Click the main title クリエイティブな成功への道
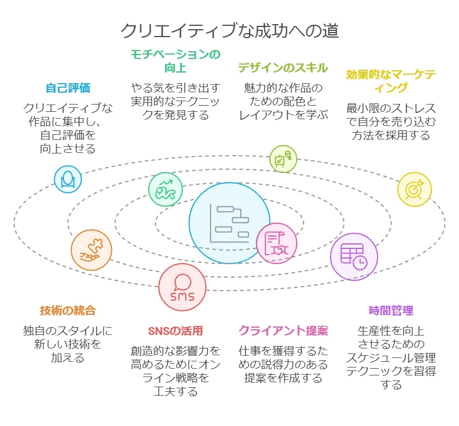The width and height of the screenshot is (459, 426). coord(230,30)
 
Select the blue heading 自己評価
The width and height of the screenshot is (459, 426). coord(68,88)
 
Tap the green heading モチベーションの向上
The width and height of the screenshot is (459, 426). coord(175,61)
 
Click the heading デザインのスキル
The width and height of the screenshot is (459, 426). coord(283,68)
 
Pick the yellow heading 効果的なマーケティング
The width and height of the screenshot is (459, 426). coord(391,81)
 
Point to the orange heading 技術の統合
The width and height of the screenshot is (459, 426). coord(68,310)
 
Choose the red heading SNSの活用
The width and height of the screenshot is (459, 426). coord(175,331)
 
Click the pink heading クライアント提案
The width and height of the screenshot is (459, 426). coord(283,330)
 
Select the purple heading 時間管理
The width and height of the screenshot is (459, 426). coord(391,310)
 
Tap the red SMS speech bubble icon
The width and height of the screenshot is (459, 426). coord(182,287)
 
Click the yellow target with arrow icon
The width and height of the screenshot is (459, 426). coord(415,189)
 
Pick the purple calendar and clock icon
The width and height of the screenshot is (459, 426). coord(354,257)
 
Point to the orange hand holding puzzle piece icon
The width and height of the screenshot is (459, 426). coord(91,250)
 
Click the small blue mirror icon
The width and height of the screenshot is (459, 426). coord(68,179)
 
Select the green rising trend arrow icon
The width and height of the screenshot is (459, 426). coord(166,189)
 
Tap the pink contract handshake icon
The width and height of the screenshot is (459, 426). coord(277,243)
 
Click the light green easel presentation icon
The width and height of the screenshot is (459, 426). coord(283,159)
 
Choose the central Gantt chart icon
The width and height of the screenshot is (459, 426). coord(229,223)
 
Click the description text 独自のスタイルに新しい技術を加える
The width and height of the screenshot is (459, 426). coord(68,344)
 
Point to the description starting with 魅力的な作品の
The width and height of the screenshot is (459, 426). coord(283,102)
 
